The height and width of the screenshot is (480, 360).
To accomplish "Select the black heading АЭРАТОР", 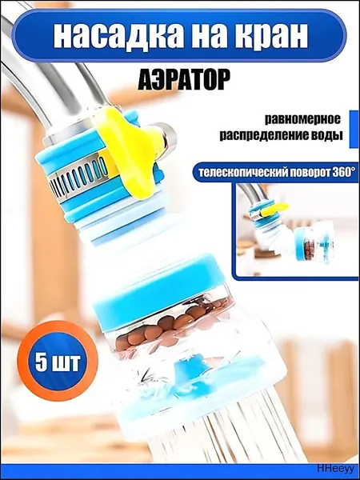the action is [184, 80].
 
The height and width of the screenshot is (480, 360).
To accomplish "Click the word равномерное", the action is [302, 119].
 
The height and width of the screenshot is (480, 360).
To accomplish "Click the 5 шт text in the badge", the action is [58, 362].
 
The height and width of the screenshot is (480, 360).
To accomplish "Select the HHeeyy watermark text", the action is [335, 468].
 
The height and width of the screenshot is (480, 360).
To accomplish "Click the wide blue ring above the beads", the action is [159, 291].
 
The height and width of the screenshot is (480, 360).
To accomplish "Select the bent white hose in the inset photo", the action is [275, 238].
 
